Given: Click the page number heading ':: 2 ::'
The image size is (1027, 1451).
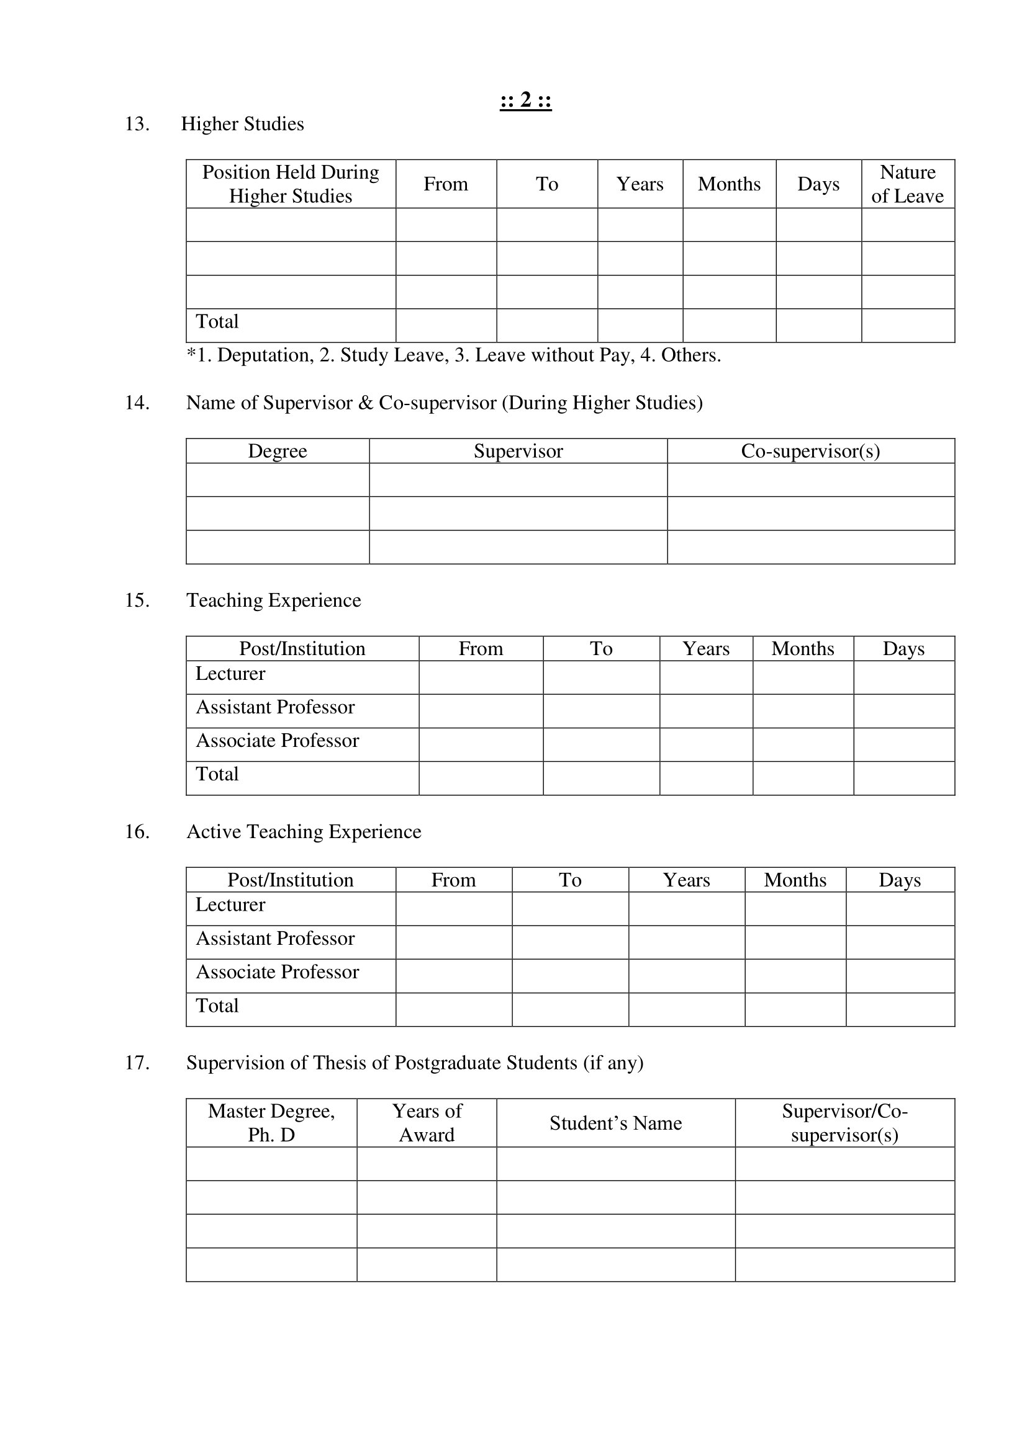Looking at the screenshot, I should pyautogui.click(x=525, y=100).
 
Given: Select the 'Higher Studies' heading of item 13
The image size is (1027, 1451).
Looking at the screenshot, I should pyautogui.click(x=242, y=124).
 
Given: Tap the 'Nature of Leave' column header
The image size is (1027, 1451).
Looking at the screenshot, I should pyautogui.click(x=908, y=184).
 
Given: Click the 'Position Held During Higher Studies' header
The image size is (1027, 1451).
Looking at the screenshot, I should pyautogui.click(x=290, y=184).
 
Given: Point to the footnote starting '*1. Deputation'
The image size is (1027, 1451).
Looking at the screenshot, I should pyautogui.click(x=453, y=355).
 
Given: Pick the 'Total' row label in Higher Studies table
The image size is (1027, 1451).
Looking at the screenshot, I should pyautogui.click(x=217, y=322).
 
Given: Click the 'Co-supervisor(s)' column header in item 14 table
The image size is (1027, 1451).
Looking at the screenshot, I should pyautogui.click(x=810, y=451).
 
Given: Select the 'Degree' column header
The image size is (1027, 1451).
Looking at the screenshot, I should pyautogui.click(x=277, y=451).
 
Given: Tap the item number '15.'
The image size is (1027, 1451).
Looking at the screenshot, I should pyautogui.click(x=137, y=600).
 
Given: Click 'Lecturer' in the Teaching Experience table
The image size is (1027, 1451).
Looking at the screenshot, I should pyautogui.click(x=230, y=674).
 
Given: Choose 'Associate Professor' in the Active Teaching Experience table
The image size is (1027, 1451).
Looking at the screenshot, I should pyautogui.click(x=277, y=972).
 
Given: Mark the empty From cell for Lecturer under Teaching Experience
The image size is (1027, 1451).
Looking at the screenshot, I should pyautogui.click(x=481, y=677).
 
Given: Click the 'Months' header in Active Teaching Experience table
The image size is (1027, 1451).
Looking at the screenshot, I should pyautogui.click(x=795, y=880).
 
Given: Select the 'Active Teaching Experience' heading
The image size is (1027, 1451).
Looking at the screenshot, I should pyautogui.click(x=304, y=833).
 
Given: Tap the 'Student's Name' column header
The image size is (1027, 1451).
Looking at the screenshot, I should pyautogui.click(x=615, y=1123).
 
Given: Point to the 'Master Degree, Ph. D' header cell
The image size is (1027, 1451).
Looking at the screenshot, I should pyautogui.click(x=271, y=1123).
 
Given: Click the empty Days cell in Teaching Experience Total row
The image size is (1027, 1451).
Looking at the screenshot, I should pyautogui.click(x=903, y=778).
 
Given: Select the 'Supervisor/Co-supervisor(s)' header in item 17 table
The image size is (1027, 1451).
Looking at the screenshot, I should pyautogui.click(x=844, y=1123).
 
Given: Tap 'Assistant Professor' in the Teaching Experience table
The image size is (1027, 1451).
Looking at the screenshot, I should pyautogui.click(x=275, y=707).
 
